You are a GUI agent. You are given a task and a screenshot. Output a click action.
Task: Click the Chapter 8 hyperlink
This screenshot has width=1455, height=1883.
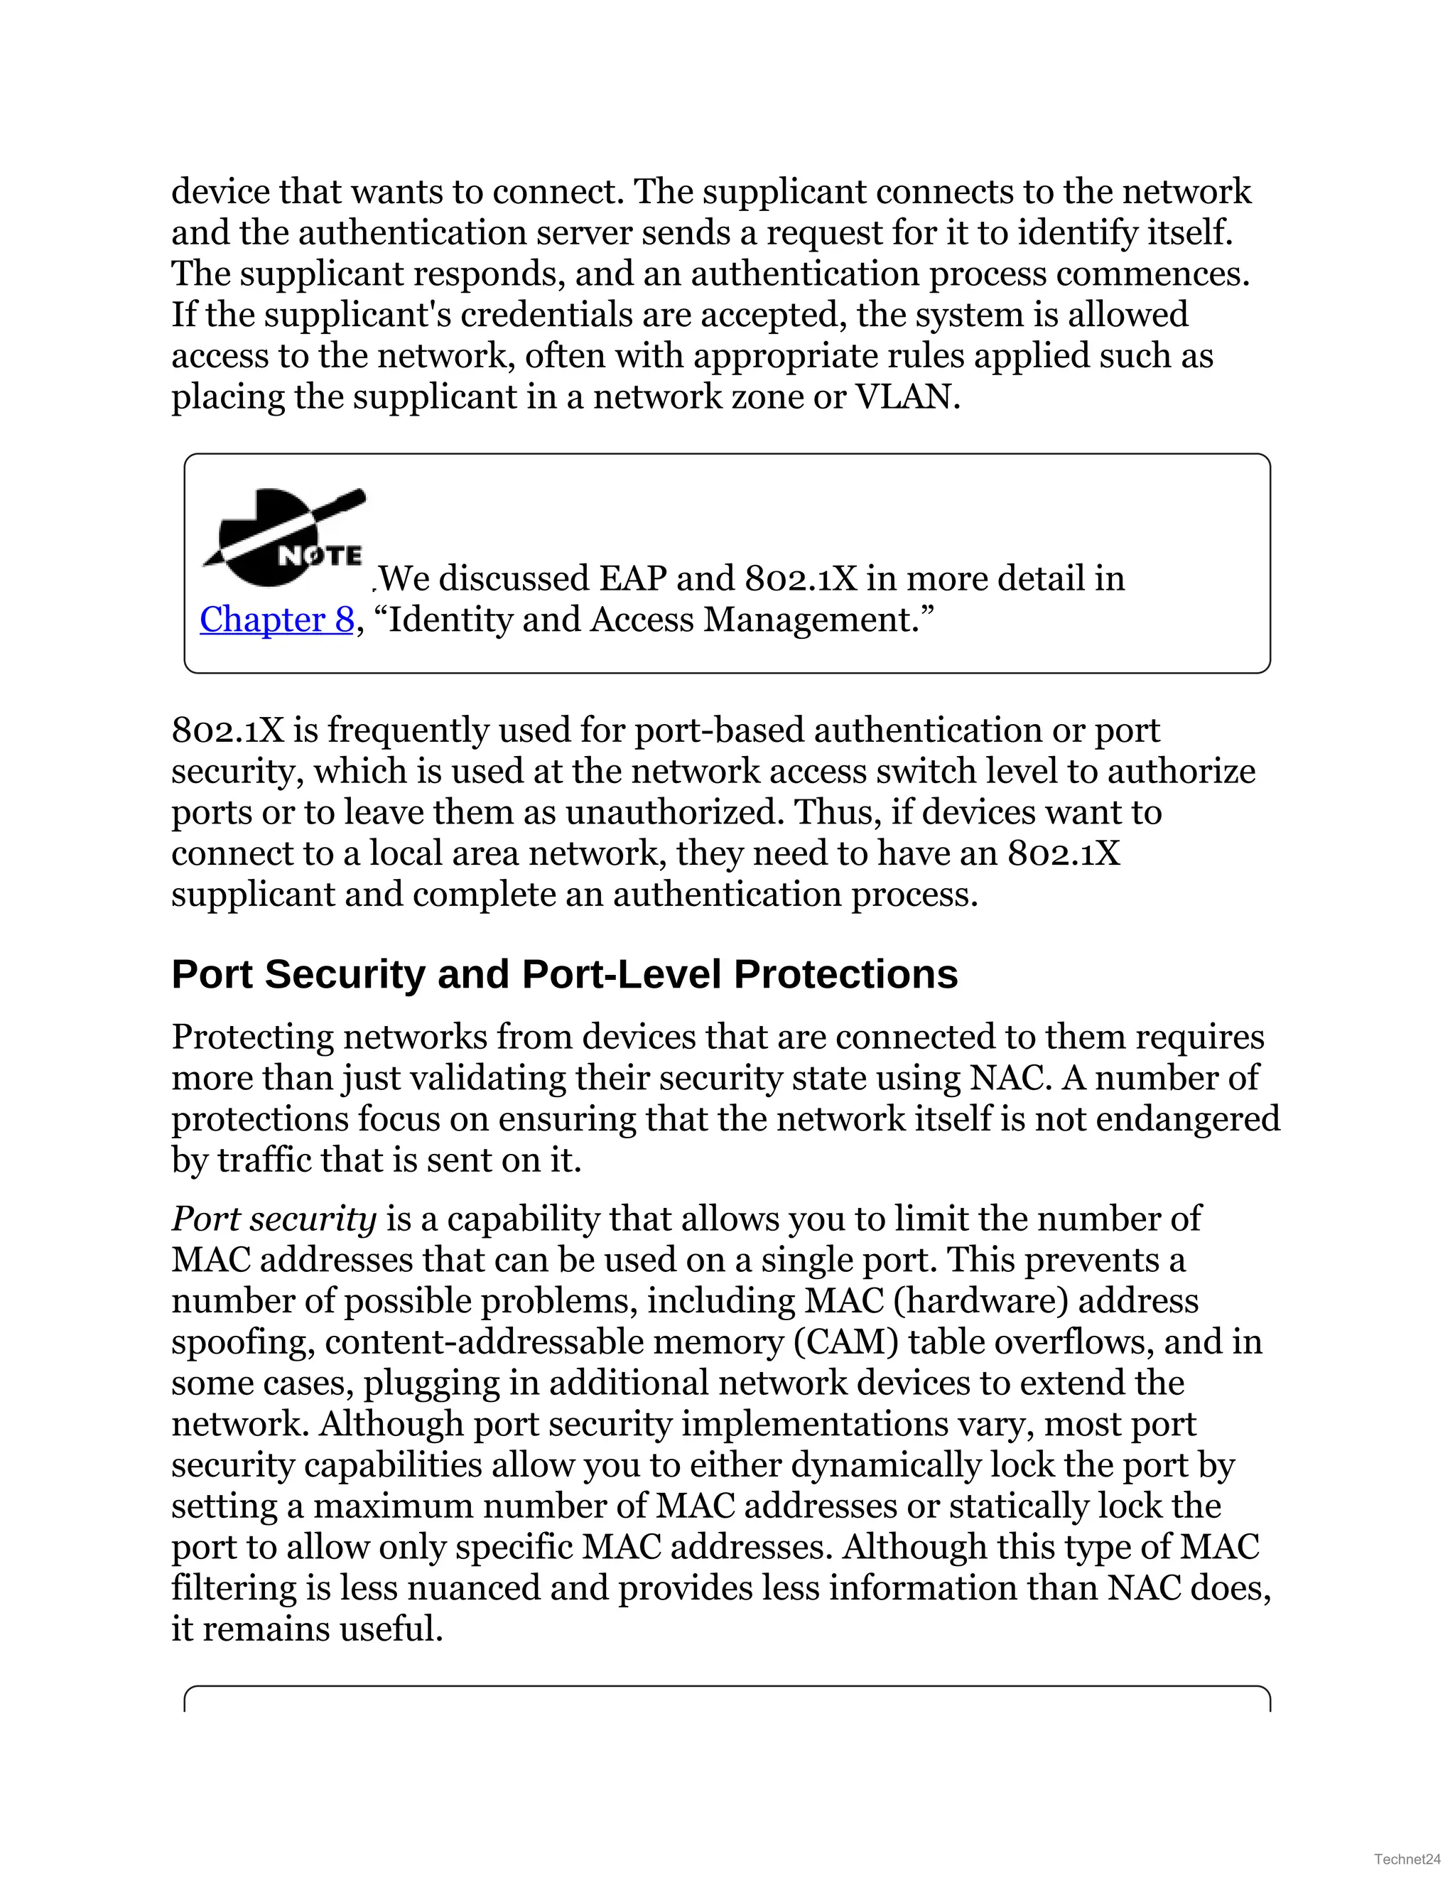[276, 620]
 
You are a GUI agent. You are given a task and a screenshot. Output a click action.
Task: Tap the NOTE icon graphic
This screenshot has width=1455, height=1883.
[283, 536]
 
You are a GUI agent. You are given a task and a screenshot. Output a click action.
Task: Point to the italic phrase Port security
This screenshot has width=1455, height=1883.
[274, 1219]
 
